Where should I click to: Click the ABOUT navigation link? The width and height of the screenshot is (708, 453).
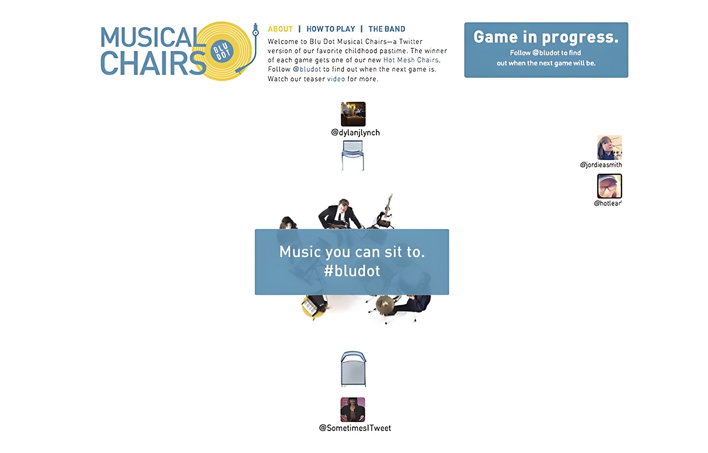(280, 29)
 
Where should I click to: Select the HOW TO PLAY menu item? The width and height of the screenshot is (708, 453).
(331, 29)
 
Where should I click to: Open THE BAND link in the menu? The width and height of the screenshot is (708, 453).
(387, 29)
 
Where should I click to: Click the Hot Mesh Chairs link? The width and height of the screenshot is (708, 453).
(411, 60)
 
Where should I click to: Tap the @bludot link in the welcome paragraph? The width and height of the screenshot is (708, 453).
(307, 69)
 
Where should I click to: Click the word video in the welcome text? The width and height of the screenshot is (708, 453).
(336, 79)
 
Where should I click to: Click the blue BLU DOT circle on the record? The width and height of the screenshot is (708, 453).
(222, 51)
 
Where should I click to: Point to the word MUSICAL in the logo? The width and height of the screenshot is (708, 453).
(150, 37)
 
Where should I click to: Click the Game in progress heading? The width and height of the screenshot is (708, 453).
(546, 37)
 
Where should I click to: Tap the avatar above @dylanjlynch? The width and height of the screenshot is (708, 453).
(353, 114)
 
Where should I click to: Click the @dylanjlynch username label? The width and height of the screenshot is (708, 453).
(356, 133)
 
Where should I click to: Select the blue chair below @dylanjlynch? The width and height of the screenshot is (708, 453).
(353, 155)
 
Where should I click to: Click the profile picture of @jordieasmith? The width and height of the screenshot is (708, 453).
(609, 148)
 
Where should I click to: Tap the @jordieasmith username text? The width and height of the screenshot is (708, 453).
(601, 165)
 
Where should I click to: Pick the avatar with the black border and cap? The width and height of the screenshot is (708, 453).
(609, 186)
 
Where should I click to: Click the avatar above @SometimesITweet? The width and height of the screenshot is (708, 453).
(353, 410)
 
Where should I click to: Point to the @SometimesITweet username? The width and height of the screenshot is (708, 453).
(355, 428)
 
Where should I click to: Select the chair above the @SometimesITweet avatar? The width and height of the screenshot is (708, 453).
(353, 369)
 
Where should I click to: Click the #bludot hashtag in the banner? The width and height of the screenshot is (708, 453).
(352, 271)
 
